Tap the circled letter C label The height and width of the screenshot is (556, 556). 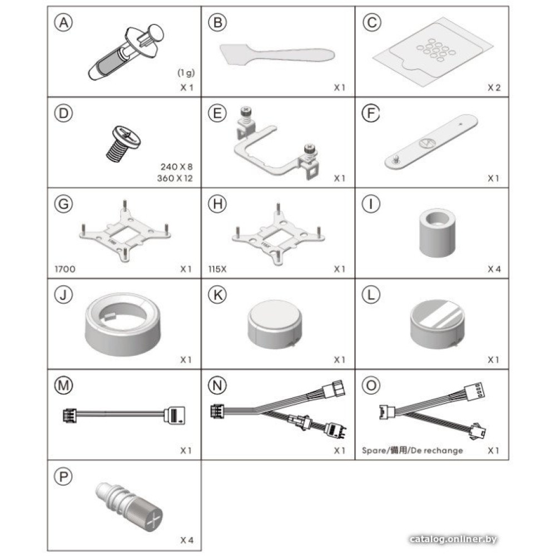click(371, 22)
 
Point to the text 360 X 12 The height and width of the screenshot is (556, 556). click(175, 178)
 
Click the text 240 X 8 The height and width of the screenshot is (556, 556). click(177, 166)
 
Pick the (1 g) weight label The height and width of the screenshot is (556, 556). click(186, 73)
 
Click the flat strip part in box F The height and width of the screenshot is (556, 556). click(431, 141)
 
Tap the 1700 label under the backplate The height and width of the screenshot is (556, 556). click(65, 269)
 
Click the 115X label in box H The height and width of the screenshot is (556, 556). click(217, 269)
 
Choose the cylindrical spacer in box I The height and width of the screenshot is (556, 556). click(438, 232)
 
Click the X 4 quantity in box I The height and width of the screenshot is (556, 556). click(494, 269)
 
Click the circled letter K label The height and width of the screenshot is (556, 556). click(217, 295)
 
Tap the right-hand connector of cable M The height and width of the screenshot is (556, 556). click(175, 415)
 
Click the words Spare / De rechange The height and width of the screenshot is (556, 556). click(413, 450)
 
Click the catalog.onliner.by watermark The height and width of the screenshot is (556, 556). click(453, 539)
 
